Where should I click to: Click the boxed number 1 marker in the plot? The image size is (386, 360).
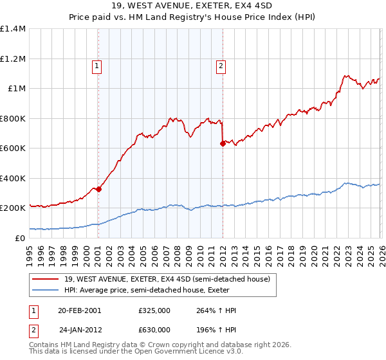96,65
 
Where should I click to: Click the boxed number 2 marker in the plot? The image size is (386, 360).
221,65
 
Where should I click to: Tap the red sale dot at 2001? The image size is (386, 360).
98,190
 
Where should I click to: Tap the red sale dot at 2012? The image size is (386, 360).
223,144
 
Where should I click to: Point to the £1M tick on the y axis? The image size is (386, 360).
17,89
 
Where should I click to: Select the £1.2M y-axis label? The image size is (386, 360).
14,59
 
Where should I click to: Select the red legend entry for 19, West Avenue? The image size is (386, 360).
170,279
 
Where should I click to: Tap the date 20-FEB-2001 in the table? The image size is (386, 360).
80,310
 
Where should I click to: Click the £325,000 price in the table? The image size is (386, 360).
154,310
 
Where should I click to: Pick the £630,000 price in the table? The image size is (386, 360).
154,330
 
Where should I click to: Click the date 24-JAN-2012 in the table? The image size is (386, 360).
80,330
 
